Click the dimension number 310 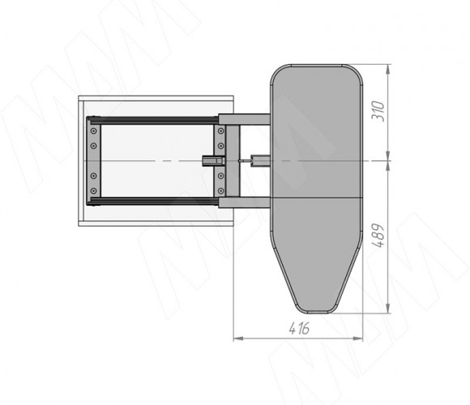378,111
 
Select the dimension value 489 378,236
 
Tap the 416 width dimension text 299,329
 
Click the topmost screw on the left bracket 94,131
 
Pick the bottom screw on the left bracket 94,190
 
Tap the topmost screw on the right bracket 221,131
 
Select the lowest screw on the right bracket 221,190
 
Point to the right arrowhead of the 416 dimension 358,339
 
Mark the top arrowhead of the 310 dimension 388,69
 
